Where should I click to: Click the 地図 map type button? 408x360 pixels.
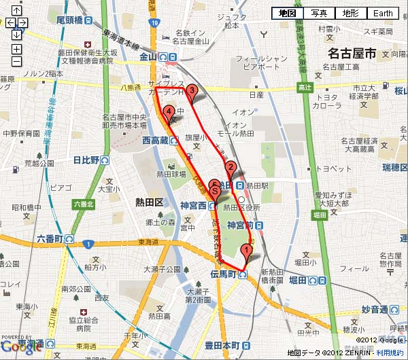pyautogui.click(x=287, y=13)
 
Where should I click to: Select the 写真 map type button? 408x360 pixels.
pyautogui.click(x=319, y=13)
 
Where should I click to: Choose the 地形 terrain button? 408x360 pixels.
pyautogui.click(x=351, y=13)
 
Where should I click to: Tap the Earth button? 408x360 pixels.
pyautogui.click(x=383, y=13)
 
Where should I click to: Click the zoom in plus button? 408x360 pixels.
pyautogui.click(x=16, y=49)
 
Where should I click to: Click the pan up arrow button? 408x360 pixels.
pyautogui.click(x=16, y=11)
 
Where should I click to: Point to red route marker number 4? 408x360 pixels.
pyautogui.click(x=168, y=113)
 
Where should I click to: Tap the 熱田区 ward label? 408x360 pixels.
pyautogui.click(x=150, y=202)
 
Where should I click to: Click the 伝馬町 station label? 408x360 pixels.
pyautogui.click(x=222, y=274)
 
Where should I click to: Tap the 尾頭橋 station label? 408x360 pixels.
pyautogui.click(x=70, y=20)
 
